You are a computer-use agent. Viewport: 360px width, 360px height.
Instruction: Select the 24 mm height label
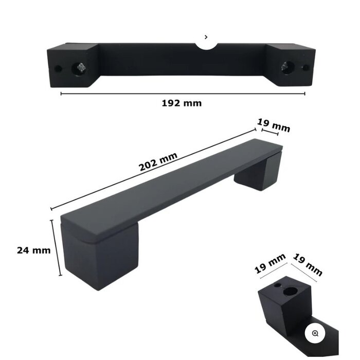click(x=33, y=250)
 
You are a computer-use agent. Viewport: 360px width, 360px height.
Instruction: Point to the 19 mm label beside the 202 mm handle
click(x=274, y=124)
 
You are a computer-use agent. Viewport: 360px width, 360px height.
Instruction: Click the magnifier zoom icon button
click(x=315, y=333)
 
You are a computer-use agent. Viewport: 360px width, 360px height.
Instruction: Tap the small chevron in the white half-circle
click(x=206, y=37)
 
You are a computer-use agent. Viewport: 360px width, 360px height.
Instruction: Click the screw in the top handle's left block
click(x=81, y=67)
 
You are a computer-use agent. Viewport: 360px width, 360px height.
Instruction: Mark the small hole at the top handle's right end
click(x=305, y=67)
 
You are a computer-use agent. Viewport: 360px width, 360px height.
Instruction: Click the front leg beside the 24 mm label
click(x=103, y=257)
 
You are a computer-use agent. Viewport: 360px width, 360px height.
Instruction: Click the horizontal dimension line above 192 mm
click(x=183, y=94)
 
